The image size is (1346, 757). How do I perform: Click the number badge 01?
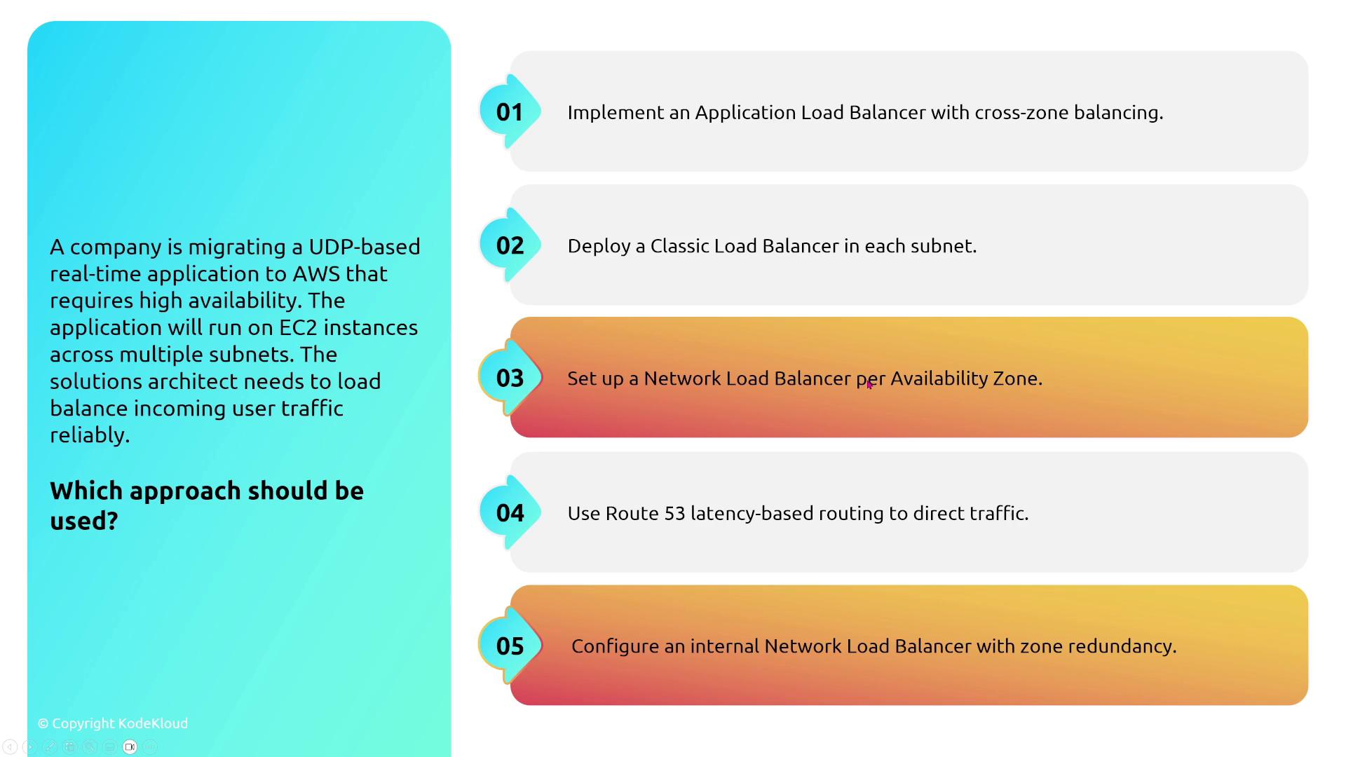click(x=510, y=111)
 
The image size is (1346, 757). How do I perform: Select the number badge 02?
click(x=510, y=245)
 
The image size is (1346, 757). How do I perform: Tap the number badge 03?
click(x=510, y=378)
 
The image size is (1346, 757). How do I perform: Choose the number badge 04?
click(x=510, y=512)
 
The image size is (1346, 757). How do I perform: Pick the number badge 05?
click(x=510, y=646)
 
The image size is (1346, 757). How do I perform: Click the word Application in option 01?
click(x=745, y=114)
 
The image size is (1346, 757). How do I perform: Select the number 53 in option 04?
click(x=674, y=513)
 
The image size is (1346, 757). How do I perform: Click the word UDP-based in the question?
click(x=365, y=247)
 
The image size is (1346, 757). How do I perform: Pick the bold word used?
click(x=84, y=521)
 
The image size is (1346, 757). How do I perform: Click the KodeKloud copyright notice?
click(x=113, y=723)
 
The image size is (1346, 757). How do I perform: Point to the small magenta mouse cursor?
click(x=869, y=384)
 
